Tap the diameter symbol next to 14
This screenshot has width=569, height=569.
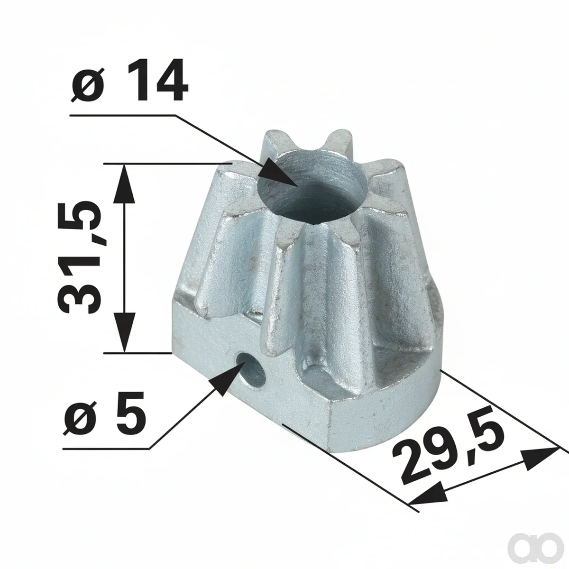(88, 85)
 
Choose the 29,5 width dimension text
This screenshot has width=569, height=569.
(448, 465)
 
